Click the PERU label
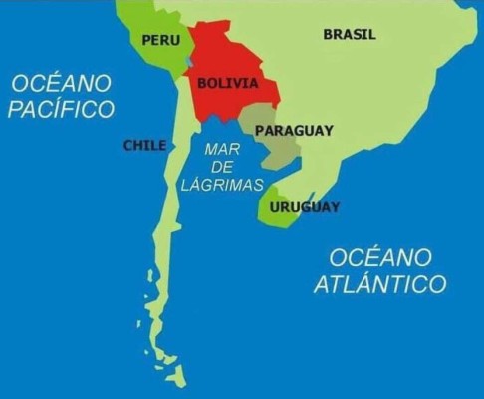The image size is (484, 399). pos(161,40)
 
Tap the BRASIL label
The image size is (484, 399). pos(350,35)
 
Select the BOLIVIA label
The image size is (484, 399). pos(228,83)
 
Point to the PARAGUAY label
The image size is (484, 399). pos(294,130)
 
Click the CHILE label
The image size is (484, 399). pos(144,145)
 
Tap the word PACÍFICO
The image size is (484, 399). pos(62,109)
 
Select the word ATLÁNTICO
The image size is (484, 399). pos(379,284)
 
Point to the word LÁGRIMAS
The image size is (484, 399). pos(223,185)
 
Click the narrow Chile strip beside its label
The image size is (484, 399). pos(174,150)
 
